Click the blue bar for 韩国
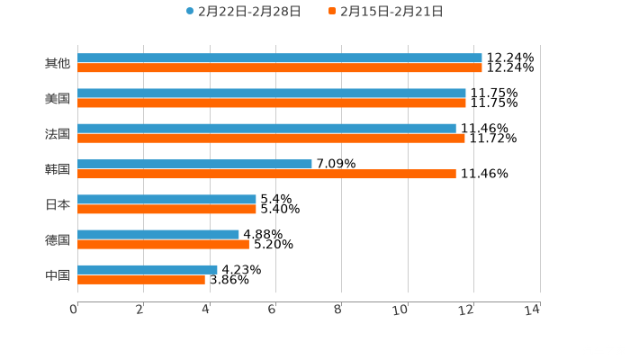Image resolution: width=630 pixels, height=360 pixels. click(194, 165)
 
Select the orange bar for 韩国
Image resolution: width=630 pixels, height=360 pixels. click(266, 175)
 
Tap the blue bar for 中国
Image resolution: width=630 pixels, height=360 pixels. click(148, 270)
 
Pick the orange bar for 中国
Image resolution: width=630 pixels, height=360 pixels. click(141, 280)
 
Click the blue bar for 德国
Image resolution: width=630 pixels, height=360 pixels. click(158, 235)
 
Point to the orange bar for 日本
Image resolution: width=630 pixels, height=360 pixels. click(166, 210)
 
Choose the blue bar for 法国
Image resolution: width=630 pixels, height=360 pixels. click(266, 129)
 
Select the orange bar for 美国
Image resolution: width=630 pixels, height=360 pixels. click(272, 103)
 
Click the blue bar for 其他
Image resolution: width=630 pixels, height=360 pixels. click(280, 58)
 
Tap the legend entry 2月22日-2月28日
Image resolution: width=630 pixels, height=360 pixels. click(243, 12)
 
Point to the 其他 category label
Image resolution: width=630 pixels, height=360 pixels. click(58, 64)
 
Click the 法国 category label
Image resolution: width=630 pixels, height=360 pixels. click(58, 134)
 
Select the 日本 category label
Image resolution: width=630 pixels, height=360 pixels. click(58, 204)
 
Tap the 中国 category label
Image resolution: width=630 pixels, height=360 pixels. click(58, 274)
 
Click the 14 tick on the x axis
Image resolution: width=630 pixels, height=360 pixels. click(532, 310)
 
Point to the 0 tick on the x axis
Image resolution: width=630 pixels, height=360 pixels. click(74, 310)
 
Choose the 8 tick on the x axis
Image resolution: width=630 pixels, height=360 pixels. click(337, 310)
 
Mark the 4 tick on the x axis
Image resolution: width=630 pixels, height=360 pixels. click(206, 310)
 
